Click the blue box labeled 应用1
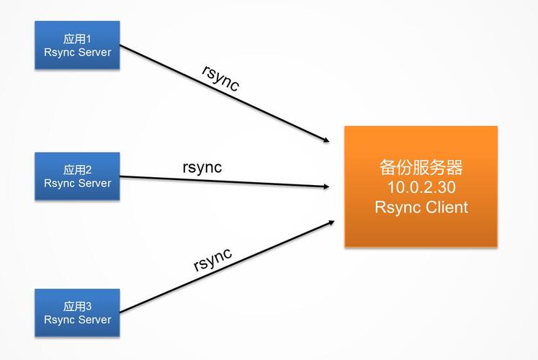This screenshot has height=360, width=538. click(x=77, y=45)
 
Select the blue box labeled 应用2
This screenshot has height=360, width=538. click(x=77, y=176)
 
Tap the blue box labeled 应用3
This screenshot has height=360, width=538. click(x=77, y=312)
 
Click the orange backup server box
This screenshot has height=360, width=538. click(x=421, y=186)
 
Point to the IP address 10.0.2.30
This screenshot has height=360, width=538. click(x=421, y=188)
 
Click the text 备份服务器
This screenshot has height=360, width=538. click(x=421, y=168)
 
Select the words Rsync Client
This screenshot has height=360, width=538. click(x=421, y=207)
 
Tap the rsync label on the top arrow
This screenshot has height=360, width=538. click(x=220, y=77)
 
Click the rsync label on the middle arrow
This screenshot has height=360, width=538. click(x=202, y=167)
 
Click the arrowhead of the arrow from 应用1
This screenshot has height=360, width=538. click(x=325, y=138)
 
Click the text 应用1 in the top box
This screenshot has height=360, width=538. click(x=77, y=38)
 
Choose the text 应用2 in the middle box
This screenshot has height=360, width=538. click(x=77, y=170)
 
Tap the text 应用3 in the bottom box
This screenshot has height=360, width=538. click(x=77, y=306)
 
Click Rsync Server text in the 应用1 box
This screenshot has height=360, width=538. click(x=77, y=52)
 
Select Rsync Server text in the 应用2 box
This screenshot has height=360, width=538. click(x=77, y=183)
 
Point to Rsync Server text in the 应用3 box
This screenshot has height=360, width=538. click(x=77, y=319)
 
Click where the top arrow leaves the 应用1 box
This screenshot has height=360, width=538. click(x=121, y=48)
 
